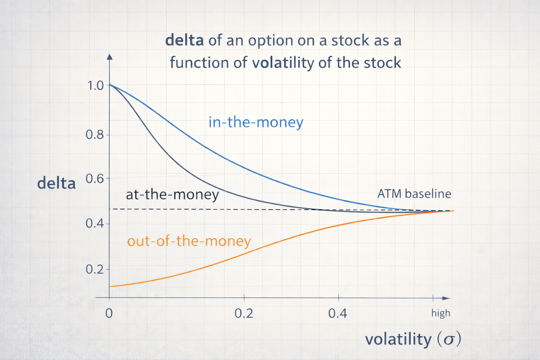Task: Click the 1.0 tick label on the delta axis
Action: click(95, 85)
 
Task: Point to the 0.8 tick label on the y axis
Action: click(95, 135)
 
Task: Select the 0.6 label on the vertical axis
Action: click(95, 179)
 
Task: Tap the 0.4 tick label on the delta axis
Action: click(95, 223)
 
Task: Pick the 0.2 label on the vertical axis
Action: click(95, 269)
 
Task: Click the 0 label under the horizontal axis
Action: click(109, 314)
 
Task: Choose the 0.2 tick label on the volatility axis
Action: click(244, 314)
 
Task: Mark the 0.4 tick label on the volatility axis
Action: click(338, 314)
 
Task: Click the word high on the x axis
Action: click(441, 313)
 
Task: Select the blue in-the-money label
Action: click(256, 122)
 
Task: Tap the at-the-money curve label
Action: click(172, 194)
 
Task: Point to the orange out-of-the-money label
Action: click(189, 241)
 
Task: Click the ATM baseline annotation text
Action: click(414, 194)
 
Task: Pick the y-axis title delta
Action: click(56, 183)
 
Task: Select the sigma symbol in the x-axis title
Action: click(449, 340)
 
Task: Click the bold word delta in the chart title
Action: click(185, 40)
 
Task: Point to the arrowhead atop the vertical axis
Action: click(110, 57)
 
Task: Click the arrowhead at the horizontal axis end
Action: click(446, 298)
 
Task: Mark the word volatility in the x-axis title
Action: click(398, 339)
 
